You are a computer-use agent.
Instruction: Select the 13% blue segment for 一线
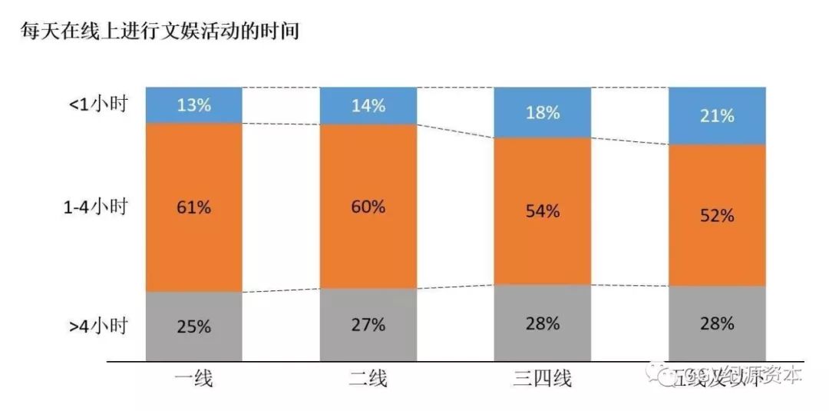pos(193,104)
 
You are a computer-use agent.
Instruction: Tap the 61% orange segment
pos(193,207)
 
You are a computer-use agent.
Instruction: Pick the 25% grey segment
pos(193,326)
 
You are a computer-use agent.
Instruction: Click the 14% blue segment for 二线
pos(368,105)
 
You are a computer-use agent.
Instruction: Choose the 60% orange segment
pos(368,207)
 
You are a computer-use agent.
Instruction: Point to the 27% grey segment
pos(368,325)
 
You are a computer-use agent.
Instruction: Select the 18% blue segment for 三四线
pos(542,112)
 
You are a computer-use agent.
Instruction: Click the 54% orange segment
pos(542,211)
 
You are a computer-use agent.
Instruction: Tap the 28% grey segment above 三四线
pos(542,323)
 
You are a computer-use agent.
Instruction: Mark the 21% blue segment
pos(717,115)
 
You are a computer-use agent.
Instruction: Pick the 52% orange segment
pos(717,215)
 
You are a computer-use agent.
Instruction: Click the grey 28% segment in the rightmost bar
pos(717,323)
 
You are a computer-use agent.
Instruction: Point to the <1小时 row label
pos(98,105)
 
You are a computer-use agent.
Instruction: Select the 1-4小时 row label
pos(94,207)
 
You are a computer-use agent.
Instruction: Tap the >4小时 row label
pos(98,325)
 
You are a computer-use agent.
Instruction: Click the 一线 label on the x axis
pos(193,378)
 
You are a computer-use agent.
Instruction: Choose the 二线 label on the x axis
pos(368,378)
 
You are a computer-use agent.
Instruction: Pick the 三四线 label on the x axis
pos(542,378)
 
